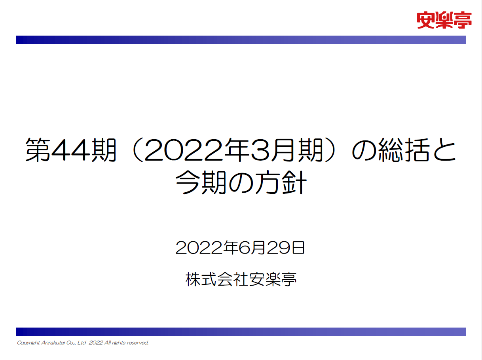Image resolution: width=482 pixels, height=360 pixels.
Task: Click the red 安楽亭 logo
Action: click(444, 20)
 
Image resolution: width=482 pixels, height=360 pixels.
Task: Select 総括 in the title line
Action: click(404, 150)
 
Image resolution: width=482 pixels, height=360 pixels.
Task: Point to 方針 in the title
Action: click(281, 183)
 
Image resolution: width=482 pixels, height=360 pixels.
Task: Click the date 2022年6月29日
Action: click(240, 248)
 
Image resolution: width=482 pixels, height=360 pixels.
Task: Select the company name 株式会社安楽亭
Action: click(241, 279)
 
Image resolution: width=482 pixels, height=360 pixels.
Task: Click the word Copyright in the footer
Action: click(28, 343)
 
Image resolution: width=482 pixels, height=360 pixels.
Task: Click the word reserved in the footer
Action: click(137, 343)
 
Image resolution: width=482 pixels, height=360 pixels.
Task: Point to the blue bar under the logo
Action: click(241, 40)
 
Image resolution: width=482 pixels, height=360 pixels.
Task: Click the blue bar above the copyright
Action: click(241, 332)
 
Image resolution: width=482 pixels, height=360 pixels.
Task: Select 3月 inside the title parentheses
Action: click(272, 150)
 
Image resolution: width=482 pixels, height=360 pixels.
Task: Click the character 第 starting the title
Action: click(38, 150)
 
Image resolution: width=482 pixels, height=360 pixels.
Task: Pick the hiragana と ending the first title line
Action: click(444, 150)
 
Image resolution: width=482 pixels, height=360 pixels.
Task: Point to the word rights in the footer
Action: click(119, 343)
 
